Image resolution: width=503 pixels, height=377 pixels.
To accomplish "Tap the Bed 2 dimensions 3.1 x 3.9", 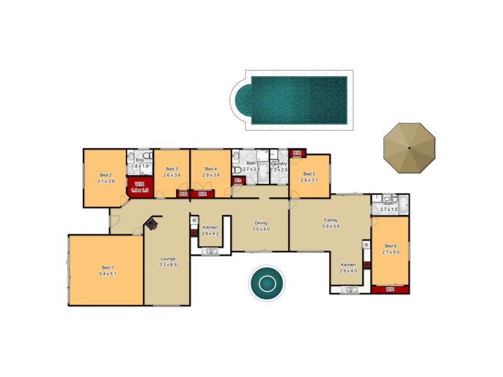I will (105, 181).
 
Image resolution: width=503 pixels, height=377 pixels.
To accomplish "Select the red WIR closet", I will (140, 186).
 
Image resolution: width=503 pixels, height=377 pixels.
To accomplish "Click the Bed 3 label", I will (172, 169).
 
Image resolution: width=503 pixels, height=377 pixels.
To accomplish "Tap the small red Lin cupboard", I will (238, 180).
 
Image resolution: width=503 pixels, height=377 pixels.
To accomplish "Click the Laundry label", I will (279, 163).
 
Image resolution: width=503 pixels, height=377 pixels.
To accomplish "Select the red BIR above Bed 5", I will (297, 153).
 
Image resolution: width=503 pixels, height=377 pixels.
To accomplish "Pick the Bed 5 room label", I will (309, 174).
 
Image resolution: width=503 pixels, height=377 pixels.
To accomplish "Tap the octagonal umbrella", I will (409, 148).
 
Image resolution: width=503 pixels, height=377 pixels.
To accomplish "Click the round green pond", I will (266, 283).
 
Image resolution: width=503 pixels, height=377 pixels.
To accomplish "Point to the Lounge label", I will (167, 259).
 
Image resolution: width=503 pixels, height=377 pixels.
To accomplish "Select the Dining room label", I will (261, 223).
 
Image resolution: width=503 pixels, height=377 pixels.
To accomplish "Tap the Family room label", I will (331, 221).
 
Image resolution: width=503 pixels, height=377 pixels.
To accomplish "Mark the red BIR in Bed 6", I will (390, 290).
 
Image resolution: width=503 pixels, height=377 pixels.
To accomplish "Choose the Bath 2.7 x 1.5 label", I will (389, 203).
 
